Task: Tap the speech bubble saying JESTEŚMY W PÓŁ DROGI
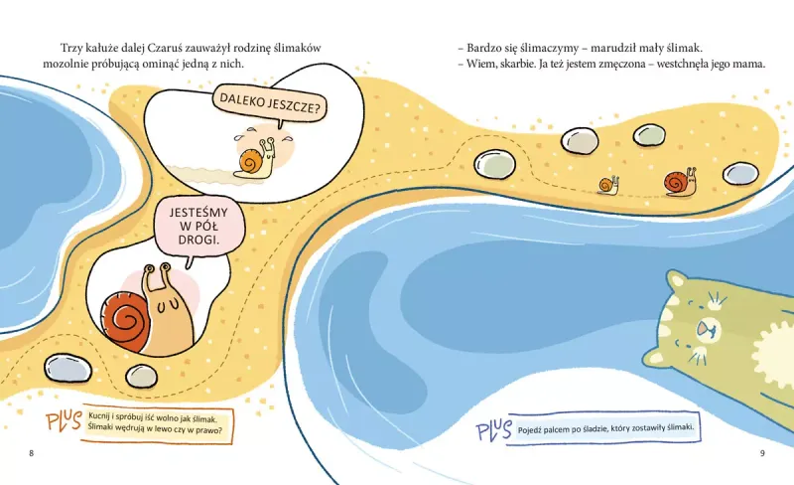point(199,228)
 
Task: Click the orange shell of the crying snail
point(251,162)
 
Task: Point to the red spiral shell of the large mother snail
point(125,319)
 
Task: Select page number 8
point(32,453)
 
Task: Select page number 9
point(762,453)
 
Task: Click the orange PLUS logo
point(64,421)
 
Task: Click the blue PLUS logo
point(493,429)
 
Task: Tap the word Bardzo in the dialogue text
point(482,48)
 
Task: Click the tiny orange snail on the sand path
point(608,185)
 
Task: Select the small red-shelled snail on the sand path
point(680,182)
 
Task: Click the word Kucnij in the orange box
point(98,416)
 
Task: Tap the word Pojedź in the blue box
point(529,430)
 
